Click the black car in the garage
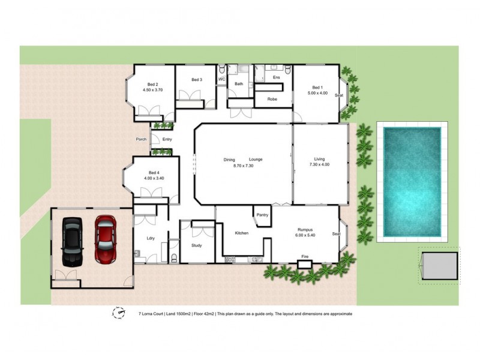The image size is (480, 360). click(x=72, y=241)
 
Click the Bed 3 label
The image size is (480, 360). click(x=197, y=80)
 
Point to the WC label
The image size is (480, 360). click(x=221, y=79)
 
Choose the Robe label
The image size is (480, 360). click(x=272, y=99)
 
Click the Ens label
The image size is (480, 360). click(x=277, y=78)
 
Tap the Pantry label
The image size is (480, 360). click(x=262, y=215)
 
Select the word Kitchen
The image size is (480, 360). click(x=242, y=232)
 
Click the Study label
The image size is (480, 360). click(x=197, y=245)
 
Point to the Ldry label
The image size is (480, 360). click(x=151, y=238)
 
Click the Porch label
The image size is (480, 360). click(x=141, y=139)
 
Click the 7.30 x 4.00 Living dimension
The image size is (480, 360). click(x=319, y=164)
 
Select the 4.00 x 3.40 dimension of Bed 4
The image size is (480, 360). click(x=154, y=178)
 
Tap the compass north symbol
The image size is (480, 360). click(x=119, y=313)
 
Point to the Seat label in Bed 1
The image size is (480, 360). click(x=339, y=95)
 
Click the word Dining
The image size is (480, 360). click(x=229, y=159)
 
